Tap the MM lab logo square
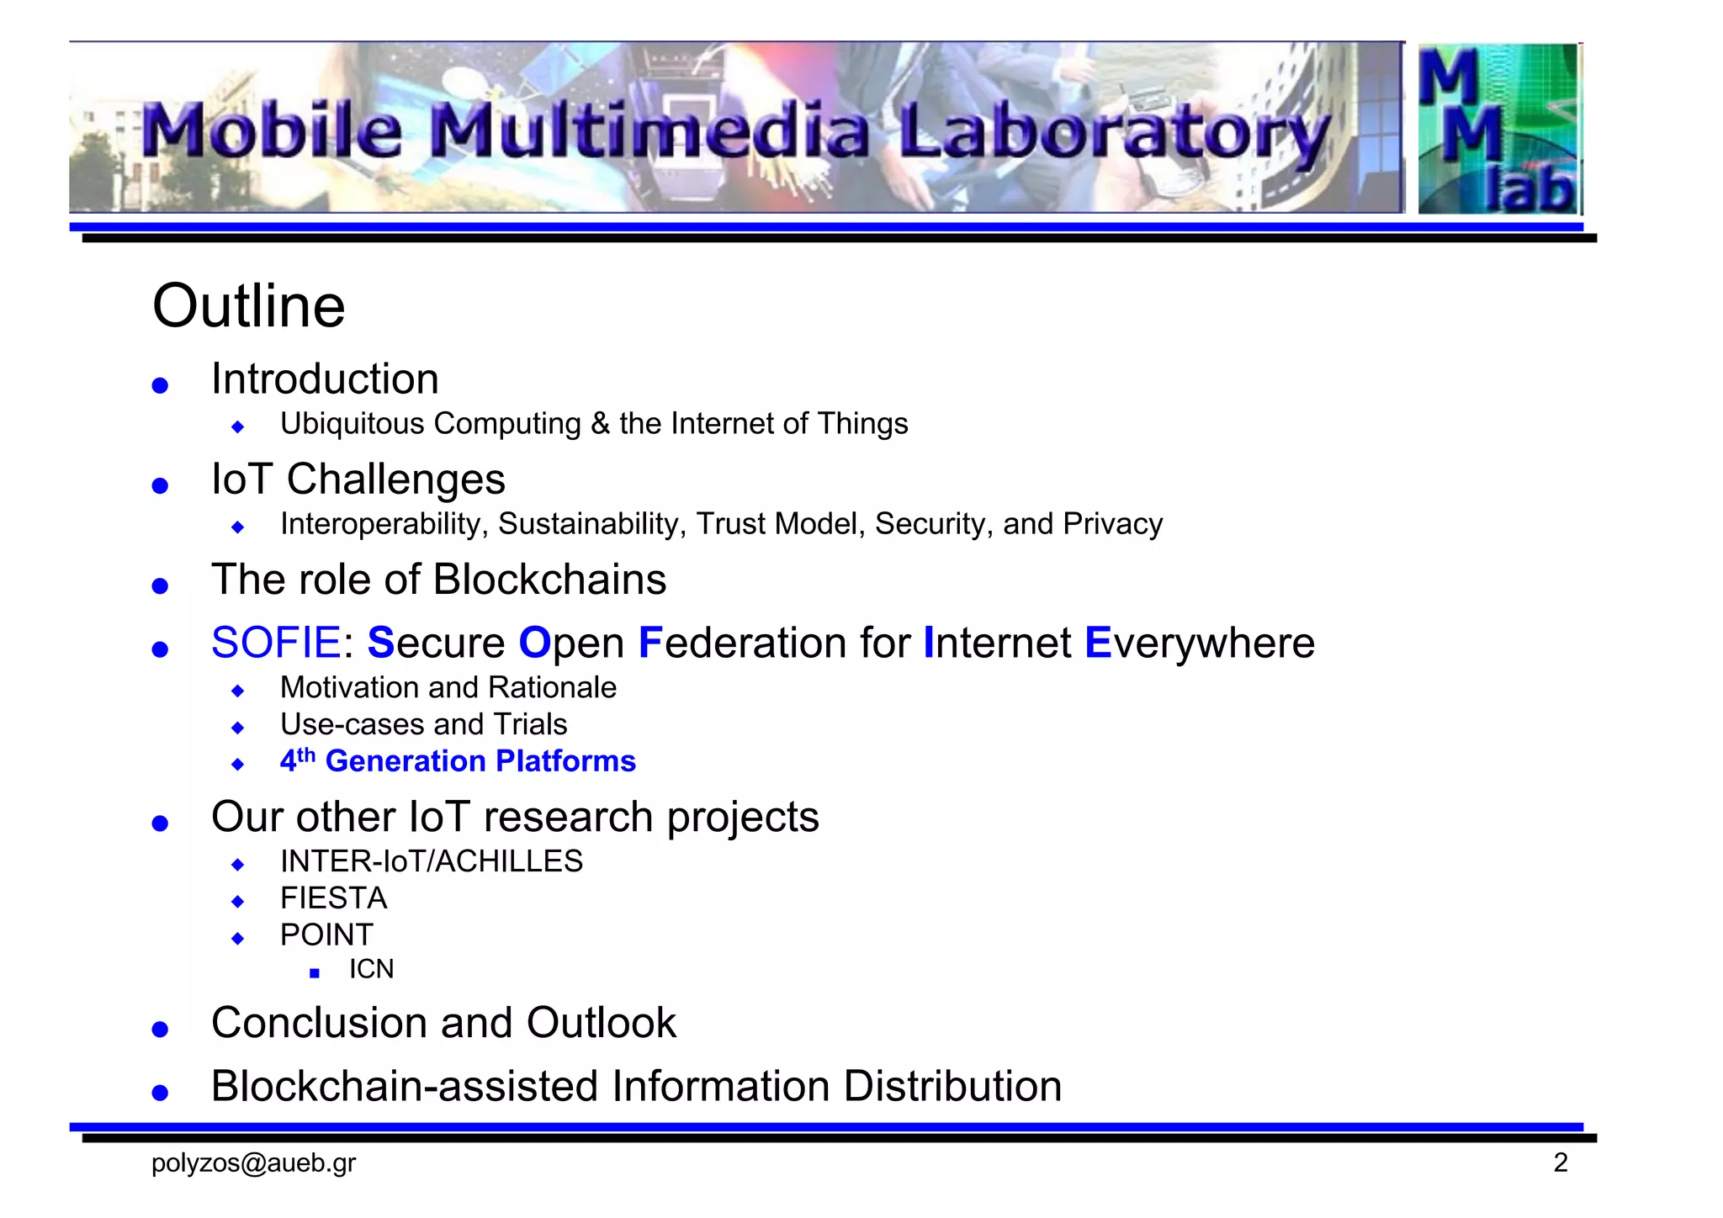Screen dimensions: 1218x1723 [x=1498, y=128]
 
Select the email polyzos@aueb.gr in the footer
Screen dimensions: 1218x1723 [x=253, y=1163]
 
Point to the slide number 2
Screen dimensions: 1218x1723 [x=1561, y=1163]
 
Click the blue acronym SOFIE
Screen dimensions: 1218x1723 [x=276, y=643]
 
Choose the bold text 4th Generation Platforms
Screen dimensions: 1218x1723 [x=458, y=761]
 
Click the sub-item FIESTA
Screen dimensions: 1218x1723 [x=333, y=898]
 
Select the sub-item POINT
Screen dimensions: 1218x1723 [x=326, y=935]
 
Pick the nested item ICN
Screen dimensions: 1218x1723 [x=371, y=970]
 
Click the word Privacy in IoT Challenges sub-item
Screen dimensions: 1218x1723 [x=1112, y=524]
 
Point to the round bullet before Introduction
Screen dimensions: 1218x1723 [x=160, y=385]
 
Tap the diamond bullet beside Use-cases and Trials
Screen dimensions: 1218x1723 [x=238, y=727]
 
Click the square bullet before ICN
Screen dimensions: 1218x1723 [x=315, y=973]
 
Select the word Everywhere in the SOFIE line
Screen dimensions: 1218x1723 [x=1199, y=643]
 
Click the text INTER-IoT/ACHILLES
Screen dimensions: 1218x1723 [x=431, y=861]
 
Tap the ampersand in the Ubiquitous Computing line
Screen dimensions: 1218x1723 [x=600, y=424]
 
